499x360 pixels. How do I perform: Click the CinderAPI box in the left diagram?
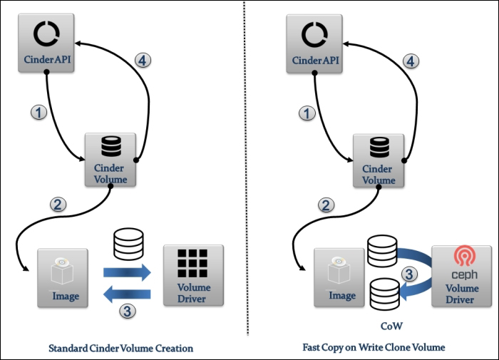[x=47, y=43]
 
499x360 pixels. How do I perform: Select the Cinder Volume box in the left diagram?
[x=110, y=159]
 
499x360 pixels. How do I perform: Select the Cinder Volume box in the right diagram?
[x=379, y=159]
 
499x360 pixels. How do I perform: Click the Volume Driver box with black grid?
[x=193, y=276]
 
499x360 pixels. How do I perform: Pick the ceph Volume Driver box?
[x=461, y=276]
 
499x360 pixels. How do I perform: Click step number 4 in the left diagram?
[x=143, y=61]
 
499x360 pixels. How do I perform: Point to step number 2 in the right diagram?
[x=326, y=205]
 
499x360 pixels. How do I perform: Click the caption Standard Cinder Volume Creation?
[x=120, y=349]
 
